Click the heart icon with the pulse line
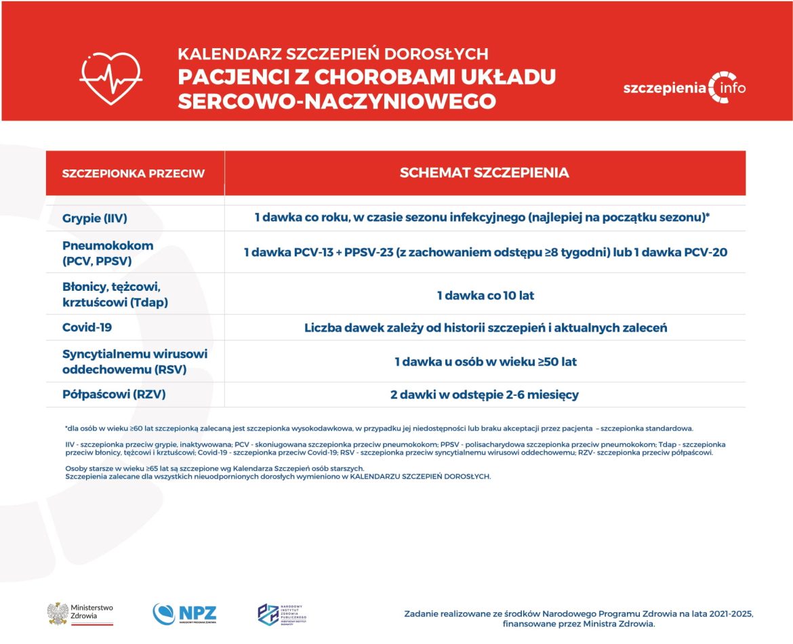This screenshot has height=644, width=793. click(110, 76)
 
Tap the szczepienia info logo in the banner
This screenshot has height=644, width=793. click(684, 88)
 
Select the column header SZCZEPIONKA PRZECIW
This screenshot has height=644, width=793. click(133, 174)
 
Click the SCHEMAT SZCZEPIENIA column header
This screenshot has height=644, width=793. click(484, 173)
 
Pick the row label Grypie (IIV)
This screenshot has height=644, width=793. click(95, 218)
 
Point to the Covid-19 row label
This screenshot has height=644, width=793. click(87, 327)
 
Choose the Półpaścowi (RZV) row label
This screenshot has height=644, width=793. click(114, 394)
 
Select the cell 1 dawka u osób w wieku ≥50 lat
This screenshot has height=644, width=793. click(485, 362)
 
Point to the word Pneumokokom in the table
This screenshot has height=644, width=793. click(108, 245)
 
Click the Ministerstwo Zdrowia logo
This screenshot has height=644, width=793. click(80, 613)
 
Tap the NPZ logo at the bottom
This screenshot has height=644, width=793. click(184, 613)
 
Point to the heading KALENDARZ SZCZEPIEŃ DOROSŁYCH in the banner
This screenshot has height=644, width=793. click(333, 54)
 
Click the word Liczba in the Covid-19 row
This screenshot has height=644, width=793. click(321, 328)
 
